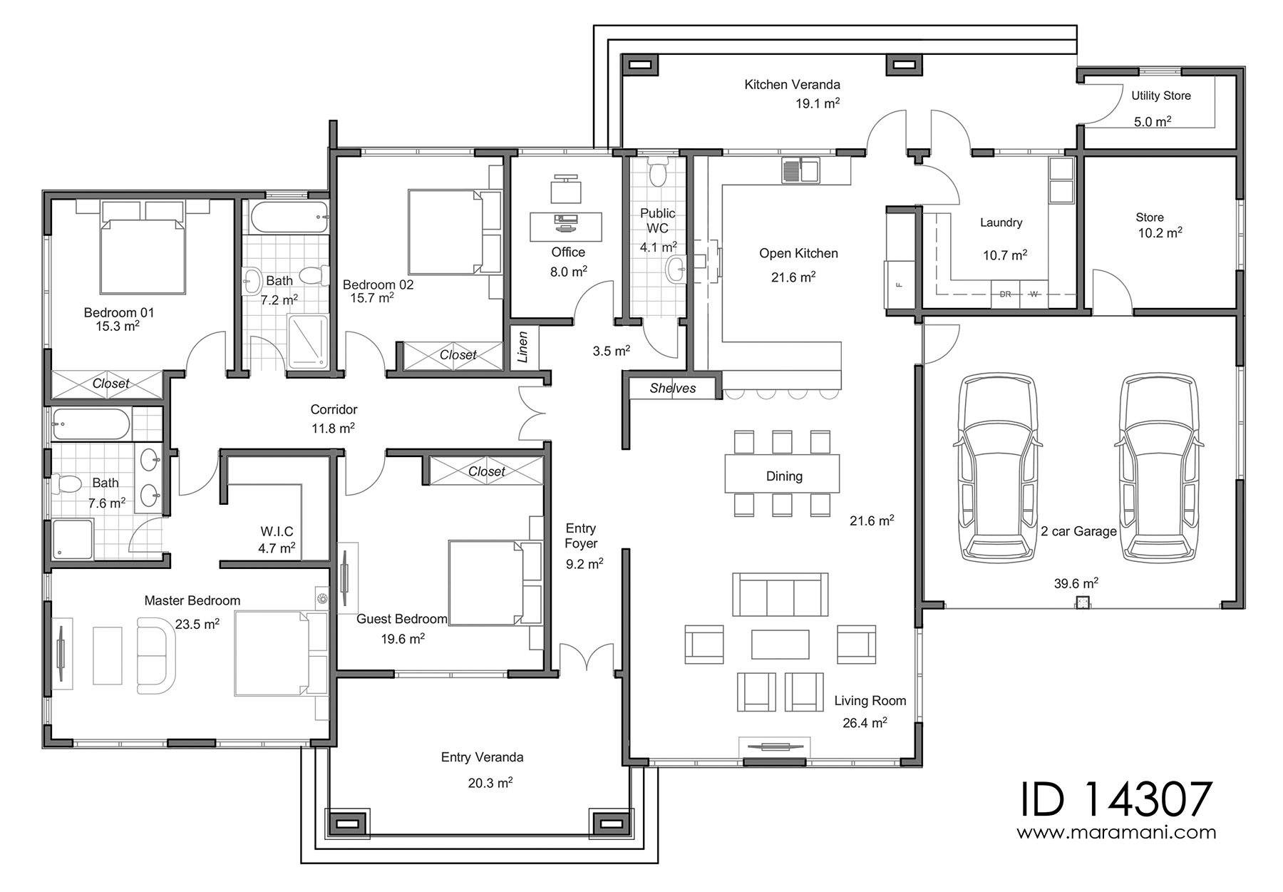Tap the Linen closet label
[x=522, y=347]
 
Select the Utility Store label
[x=1161, y=96]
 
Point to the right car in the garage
[x=1159, y=466]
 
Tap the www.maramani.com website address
[x=1116, y=832]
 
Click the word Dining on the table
[x=784, y=476]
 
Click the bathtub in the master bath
[x=91, y=425]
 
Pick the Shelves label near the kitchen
[x=673, y=389]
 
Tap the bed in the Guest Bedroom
[x=496, y=583]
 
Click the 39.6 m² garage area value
[x=1076, y=583]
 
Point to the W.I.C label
[x=277, y=532]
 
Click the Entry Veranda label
[x=482, y=757]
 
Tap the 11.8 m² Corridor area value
[x=333, y=428]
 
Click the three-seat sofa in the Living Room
[x=780, y=595]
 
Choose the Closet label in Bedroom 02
[x=458, y=355]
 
